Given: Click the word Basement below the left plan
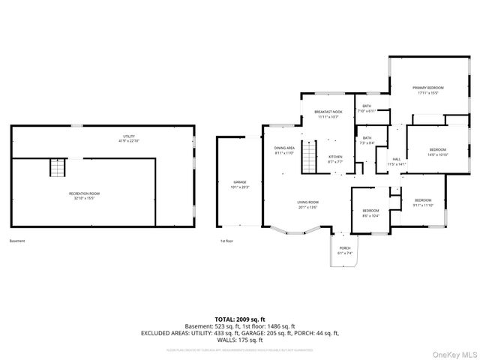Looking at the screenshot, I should (17, 241).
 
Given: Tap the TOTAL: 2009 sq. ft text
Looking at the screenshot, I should (240, 319).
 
